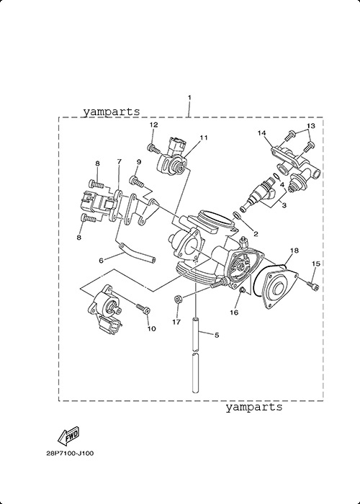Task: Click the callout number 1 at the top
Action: point(189,97)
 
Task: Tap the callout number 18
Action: point(294,251)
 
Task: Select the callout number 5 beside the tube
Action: point(217,335)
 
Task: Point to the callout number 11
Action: point(203,138)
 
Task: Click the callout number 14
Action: point(262,132)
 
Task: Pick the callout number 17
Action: point(176,322)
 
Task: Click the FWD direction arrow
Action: point(68,436)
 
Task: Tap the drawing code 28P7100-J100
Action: point(70,454)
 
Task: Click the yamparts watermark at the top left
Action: point(112,112)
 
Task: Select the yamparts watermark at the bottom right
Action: point(253,407)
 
